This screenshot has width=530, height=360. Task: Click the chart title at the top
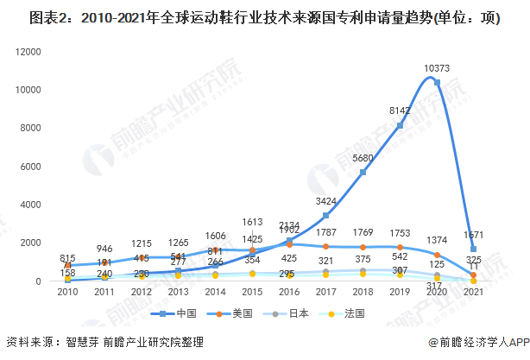tap(264, 17)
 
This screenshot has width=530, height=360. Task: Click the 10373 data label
tap(437, 69)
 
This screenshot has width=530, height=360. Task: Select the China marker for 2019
tap(400, 125)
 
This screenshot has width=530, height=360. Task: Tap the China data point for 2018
tap(363, 172)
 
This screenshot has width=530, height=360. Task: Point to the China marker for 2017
tap(325, 215)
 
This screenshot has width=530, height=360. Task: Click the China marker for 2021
tap(473, 249)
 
